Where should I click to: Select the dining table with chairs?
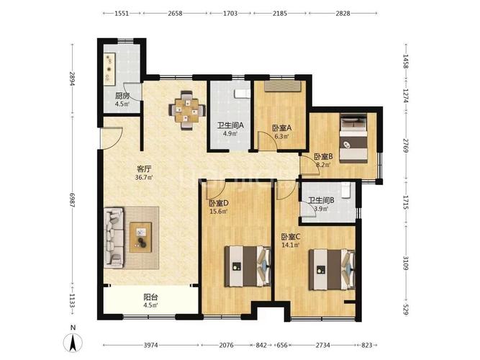click(186, 110)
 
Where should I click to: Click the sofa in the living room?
click(114, 238)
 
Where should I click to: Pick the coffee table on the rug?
click(140, 238)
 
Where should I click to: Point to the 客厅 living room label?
click(144, 168)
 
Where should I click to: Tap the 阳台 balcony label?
click(150, 297)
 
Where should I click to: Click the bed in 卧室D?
click(248, 266)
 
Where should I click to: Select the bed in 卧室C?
click(332, 269)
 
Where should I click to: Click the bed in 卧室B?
click(353, 138)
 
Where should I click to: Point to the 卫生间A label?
click(230, 125)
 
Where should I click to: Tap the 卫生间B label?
click(321, 200)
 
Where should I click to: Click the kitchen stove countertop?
click(109, 69)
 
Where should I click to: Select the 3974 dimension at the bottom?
click(150, 346)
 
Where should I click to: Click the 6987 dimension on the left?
click(72, 200)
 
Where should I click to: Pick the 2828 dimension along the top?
click(343, 13)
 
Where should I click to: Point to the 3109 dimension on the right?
click(406, 264)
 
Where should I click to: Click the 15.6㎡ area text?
click(218, 212)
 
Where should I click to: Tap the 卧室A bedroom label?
click(281, 128)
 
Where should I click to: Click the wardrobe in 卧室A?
click(283, 86)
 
